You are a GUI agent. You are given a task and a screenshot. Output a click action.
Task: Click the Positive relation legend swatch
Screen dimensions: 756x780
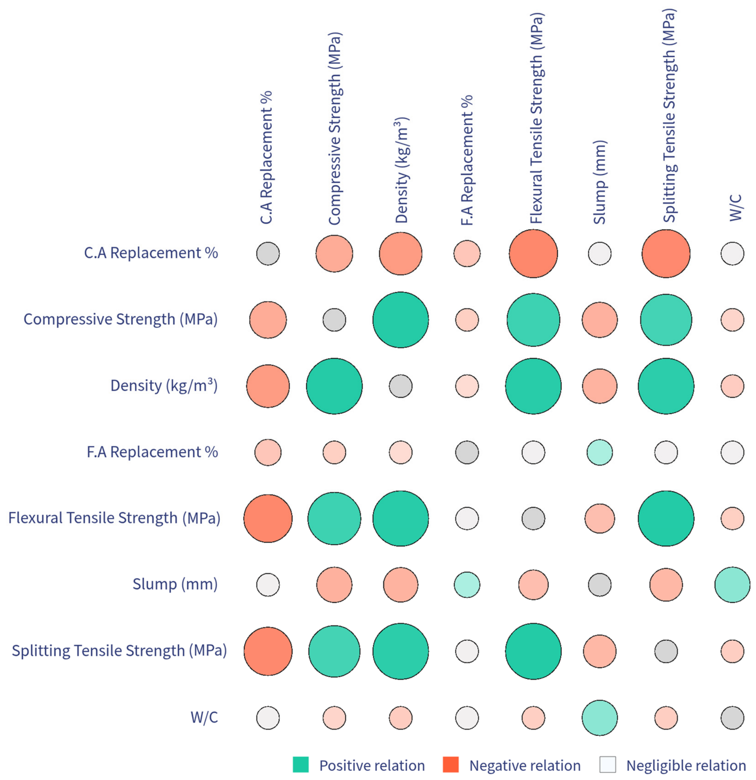pos(301,764)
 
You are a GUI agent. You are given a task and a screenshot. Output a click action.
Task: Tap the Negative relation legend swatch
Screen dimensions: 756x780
pos(450,764)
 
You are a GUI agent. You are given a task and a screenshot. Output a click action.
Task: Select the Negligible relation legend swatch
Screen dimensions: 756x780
pos(607,764)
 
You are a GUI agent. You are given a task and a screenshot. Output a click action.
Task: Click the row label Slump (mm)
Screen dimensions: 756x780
pos(175,584)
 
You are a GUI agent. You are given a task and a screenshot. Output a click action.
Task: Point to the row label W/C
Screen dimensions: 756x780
pos(204,717)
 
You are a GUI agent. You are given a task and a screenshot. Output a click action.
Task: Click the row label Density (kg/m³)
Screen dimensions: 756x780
pos(164,385)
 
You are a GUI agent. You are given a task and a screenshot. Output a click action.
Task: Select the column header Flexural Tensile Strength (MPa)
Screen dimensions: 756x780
pos(537,118)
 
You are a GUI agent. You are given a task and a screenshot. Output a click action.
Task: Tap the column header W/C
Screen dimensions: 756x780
pos(736,208)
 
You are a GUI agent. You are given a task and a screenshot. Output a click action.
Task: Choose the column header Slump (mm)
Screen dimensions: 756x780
pos(599,182)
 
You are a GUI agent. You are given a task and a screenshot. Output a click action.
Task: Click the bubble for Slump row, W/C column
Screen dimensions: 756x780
pos(732,584)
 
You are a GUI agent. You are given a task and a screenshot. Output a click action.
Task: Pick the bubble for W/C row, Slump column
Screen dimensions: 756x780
pos(599,717)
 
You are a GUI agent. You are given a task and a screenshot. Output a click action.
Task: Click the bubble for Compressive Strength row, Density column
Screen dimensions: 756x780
pos(400,320)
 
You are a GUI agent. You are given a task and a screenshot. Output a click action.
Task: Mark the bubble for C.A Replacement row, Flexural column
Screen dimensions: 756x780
pos(533,254)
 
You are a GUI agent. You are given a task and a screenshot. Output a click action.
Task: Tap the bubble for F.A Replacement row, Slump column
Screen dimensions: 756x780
pos(599,452)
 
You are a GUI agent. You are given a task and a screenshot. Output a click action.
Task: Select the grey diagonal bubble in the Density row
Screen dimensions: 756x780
pos(400,386)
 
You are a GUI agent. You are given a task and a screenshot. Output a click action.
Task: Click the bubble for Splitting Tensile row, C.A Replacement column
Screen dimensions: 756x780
pos(268,651)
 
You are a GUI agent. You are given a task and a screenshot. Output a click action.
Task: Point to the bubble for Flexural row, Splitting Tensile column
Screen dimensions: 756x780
pos(666,518)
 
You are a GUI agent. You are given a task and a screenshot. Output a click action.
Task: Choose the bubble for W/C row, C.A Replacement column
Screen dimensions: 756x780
pos(268,717)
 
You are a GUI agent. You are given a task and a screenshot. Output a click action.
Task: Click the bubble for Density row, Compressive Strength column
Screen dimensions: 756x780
pos(334,386)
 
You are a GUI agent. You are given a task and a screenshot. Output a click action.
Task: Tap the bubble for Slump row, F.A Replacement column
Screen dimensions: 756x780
pos(467,584)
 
